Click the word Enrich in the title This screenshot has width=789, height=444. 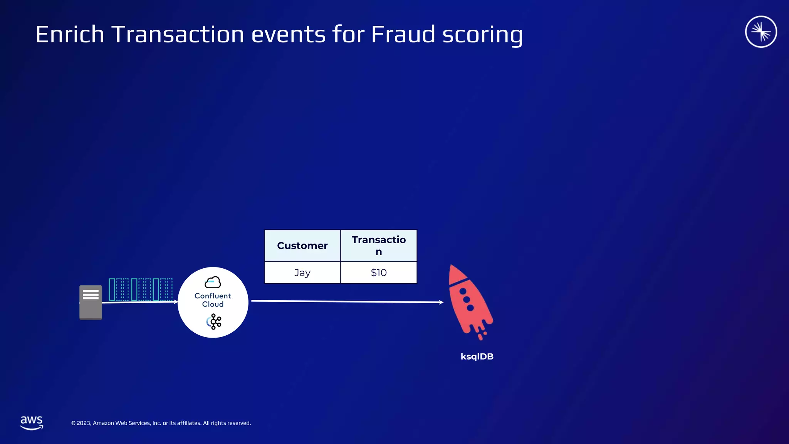point(70,34)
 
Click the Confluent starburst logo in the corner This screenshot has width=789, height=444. point(761,32)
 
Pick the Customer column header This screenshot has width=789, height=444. point(302,246)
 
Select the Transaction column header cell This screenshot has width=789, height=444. point(379,246)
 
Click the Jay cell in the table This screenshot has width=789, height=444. point(302,272)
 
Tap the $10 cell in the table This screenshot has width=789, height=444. point(379,272)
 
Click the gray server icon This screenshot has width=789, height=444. point(91,302)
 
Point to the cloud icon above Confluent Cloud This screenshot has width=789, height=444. point(213,283)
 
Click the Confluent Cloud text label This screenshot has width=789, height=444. point(213,300)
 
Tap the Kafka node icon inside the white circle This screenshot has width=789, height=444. point(214,321)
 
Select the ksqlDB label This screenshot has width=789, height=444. point(477,357)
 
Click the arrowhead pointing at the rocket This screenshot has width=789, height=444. point(441,302)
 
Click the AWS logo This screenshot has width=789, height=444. point(32,422)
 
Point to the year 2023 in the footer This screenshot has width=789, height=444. point(84,423)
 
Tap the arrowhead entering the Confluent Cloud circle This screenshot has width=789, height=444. point(176,302)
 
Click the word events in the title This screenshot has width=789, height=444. point(289,34)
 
